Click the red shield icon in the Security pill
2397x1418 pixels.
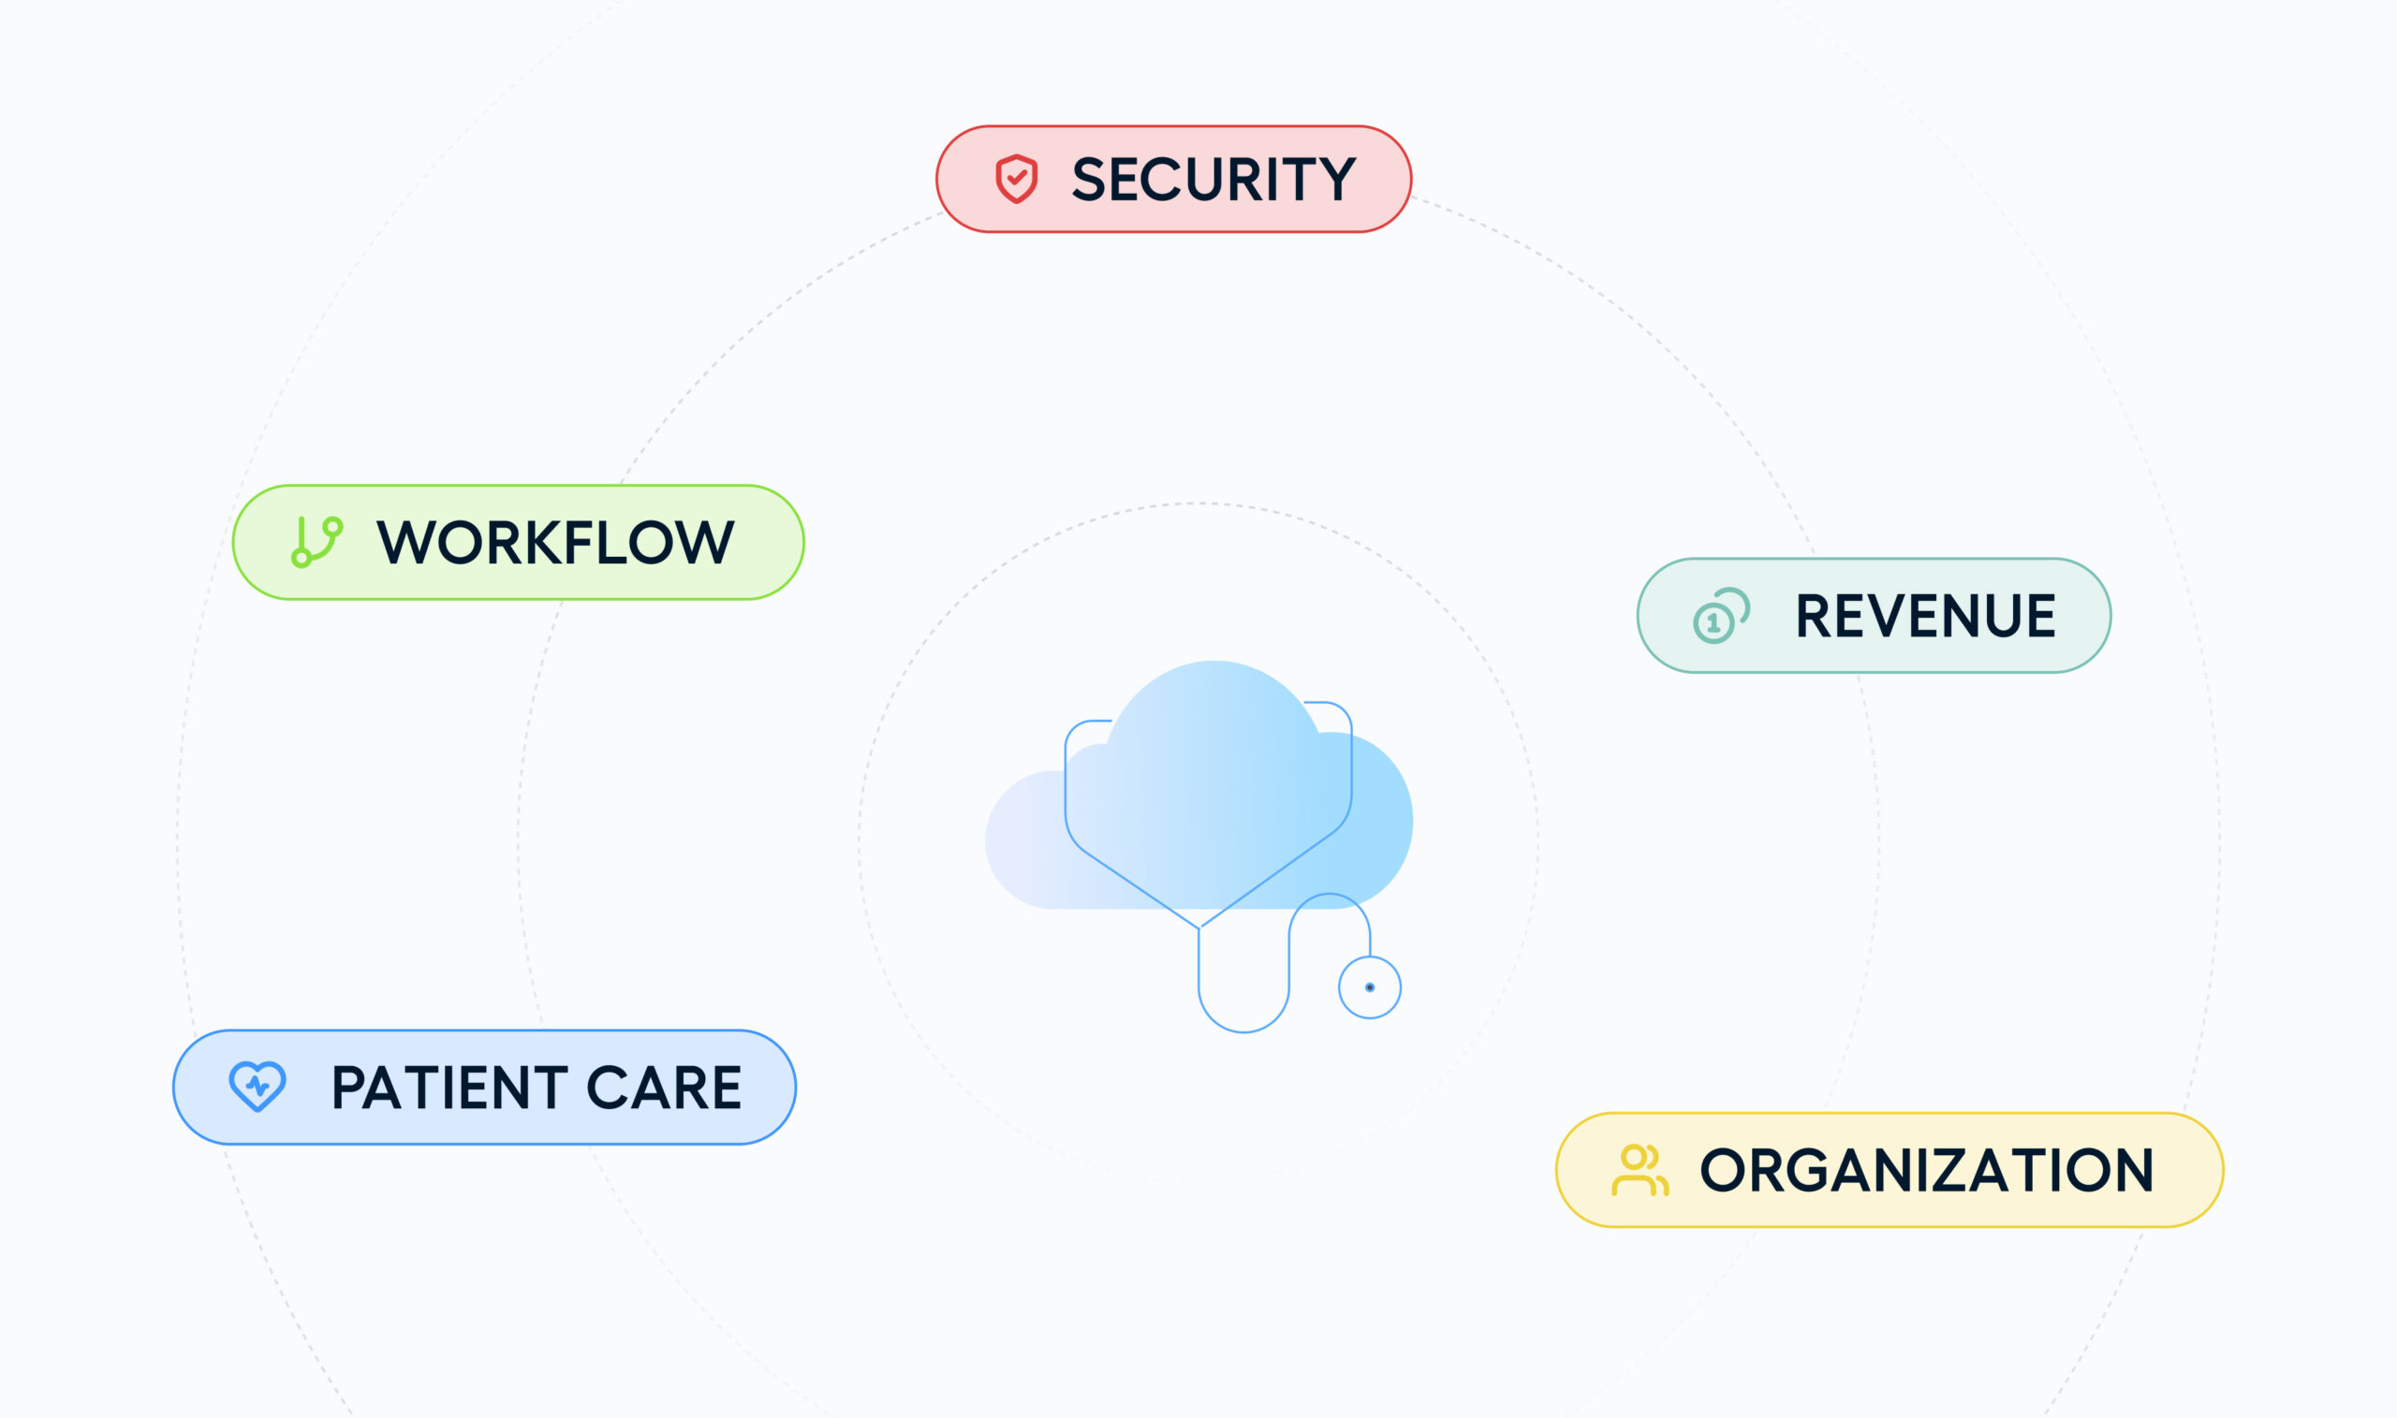click(1016, 179)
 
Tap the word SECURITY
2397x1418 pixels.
click(1213, 180)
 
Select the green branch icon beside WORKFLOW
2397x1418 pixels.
click(316, 542)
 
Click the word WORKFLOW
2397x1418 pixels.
click(555, 543)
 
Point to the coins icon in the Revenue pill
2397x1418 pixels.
click(1720, 615)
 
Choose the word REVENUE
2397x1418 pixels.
click(1925, 616)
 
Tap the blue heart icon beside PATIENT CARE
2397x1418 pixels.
click(257, 1087)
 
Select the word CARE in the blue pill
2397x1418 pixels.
click(664, 1088)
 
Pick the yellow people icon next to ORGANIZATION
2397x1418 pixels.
click(1640, 1171)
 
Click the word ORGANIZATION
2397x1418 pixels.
click(1927, 1171)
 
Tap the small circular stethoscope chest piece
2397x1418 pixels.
click(1370, 987)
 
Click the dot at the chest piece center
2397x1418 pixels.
click(1370, 987)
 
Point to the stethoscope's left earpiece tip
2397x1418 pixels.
click(1109, 721)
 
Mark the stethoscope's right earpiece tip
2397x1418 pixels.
click(1306, 702)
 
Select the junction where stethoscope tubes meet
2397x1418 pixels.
click(1199, 927)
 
